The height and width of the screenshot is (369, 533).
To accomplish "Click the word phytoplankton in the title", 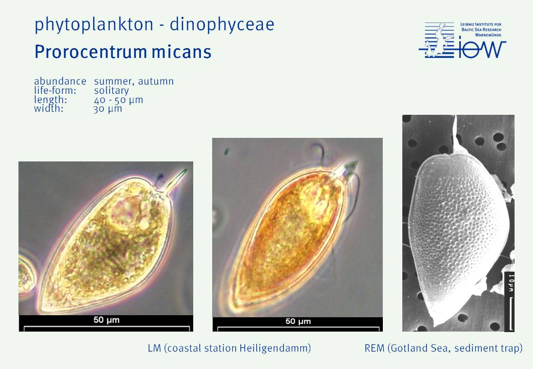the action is (94, 25).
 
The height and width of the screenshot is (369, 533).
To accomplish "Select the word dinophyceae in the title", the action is (222, 25).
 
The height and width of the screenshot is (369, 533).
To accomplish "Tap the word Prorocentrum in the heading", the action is (91, 52).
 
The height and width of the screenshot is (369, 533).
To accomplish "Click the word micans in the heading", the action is (181, 52).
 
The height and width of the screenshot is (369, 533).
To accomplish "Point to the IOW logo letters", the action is (481, 49).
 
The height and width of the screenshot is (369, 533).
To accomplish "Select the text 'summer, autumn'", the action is (134, 81).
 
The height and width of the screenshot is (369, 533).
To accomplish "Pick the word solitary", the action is (112, 90).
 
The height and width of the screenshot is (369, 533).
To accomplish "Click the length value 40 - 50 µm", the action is (118, 100).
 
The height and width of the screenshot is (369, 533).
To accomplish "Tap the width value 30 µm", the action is (108, 109).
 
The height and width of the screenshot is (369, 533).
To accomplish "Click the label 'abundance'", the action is (60, 81).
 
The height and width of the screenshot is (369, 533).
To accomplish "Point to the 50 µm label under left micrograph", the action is (107, 320).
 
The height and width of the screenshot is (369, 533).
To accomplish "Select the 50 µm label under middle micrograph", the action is (298, 321).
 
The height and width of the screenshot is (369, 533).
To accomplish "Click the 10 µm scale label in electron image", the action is (511, 282).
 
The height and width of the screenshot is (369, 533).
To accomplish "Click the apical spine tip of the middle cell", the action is (357, 161).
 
